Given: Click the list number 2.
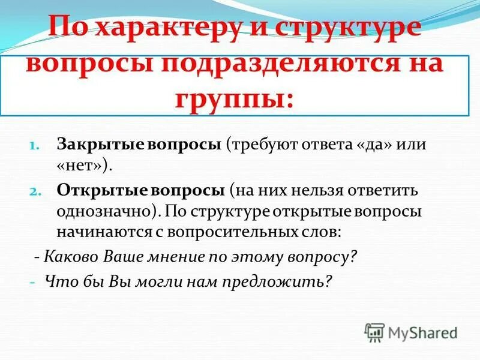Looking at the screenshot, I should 35,191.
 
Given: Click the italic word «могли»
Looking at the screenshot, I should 169,280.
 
